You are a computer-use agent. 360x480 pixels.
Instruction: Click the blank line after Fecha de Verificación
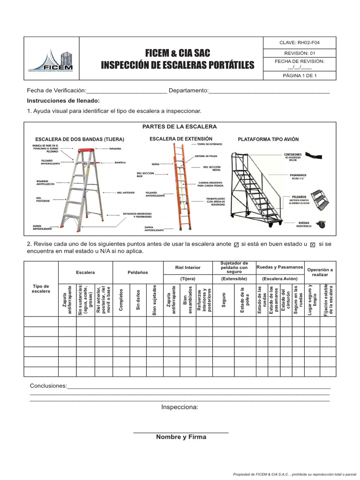pyautogui.click(x=127, y=90)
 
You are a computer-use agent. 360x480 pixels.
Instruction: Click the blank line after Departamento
pyautogui.click(x=269, y=90)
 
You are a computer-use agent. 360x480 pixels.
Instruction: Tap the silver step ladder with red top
pyautogui.click(x=82, y=187)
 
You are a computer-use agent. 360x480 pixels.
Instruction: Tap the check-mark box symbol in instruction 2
pyautogui.click(x=236, y=245)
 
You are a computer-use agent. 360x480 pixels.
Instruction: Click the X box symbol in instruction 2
pyautogui.click(x=313, y=245)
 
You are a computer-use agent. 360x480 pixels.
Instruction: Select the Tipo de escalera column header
pyautogui.click(x=41, y=289)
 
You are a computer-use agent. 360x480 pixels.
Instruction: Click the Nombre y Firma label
pyautogui.click(x=181, y=437)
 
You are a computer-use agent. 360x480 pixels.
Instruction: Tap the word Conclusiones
pyautogui.click(x=48, y=386)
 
